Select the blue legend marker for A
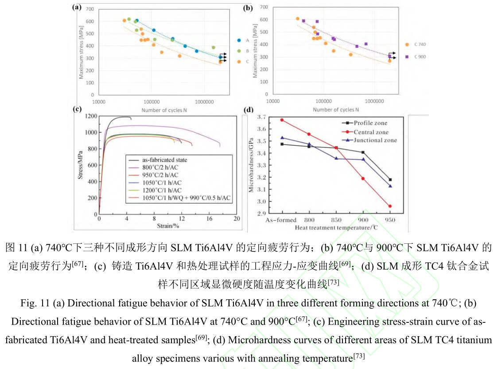[239, 40]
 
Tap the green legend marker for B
[239, 51]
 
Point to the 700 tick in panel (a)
[89, 9]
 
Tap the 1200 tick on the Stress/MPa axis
[91, 116]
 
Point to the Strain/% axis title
[168, 226]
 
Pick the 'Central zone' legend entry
[367, 132]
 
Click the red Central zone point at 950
[390, 206]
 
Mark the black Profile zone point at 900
[363, 152]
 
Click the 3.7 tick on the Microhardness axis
[262, 117]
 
